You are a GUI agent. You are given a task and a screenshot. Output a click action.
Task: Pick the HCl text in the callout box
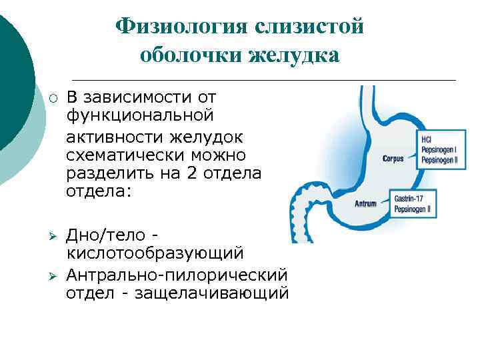click(x=427, y=139)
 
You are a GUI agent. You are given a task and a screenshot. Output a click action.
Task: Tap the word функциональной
click(x=139, y=115)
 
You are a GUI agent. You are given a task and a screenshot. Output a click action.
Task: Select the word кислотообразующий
click(x=155, y=253)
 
